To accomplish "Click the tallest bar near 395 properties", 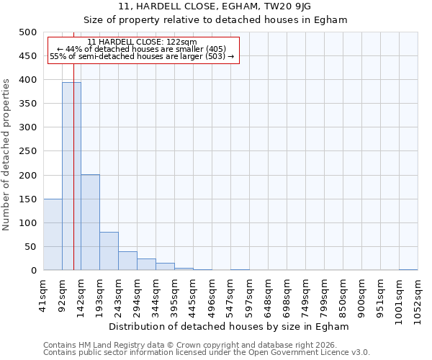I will tap(71, 176).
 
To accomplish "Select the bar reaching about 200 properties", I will tap(90, 222).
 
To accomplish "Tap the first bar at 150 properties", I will tap(53, 235).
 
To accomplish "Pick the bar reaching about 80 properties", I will tap(109, 251).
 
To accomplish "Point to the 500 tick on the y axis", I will tap(27, 32).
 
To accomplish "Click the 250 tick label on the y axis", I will tap(27, 152).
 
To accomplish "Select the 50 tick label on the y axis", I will tap(30, 247).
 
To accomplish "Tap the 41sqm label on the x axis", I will tap(44, 293).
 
